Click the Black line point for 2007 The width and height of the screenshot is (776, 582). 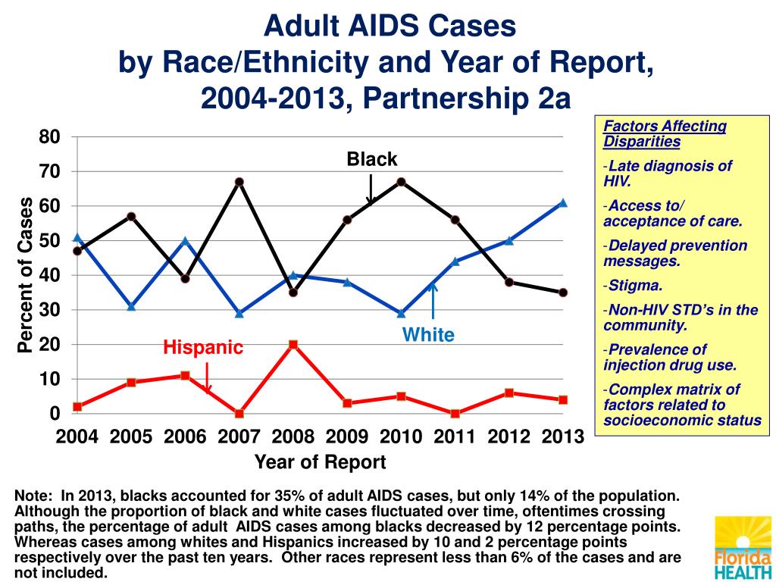tap(239, 182)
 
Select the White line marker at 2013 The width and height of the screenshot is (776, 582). tap(563, 203)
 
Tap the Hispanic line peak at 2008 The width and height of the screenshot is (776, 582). tap(293, 345)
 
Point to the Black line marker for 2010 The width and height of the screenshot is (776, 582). tap(401, 182)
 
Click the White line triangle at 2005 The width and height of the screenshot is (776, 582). tap(131, 307)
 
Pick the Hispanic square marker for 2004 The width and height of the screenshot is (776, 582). tap(77, 407)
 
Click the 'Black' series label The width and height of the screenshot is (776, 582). tap(372, 159)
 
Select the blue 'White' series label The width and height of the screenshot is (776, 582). tap(428, 335)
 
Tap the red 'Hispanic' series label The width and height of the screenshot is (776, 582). tap(203, 348)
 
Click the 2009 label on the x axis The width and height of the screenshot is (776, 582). tap(347, 436)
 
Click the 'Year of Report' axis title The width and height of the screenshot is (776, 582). tap(320, 462)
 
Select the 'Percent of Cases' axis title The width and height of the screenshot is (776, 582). tap(26, 275)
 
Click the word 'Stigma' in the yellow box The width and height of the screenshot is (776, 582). tap(635, 286)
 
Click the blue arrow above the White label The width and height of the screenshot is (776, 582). tap(433, 302)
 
